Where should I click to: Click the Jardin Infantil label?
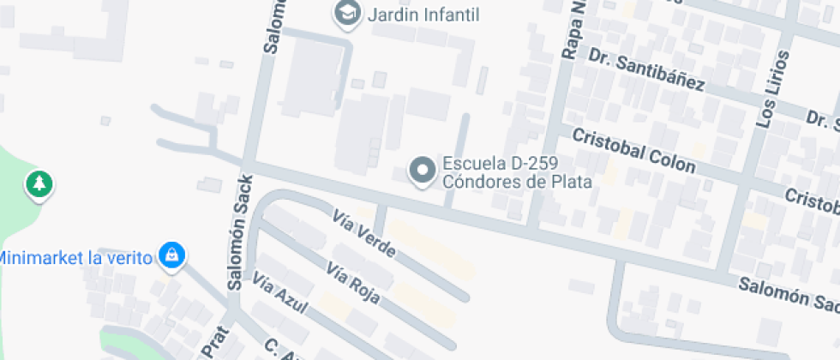click(x=423, y=14)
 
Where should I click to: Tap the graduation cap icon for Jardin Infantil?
click(x=346, y=13)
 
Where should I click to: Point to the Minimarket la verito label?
click(x=75, y=256)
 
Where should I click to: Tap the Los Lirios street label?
click(x=769, y=101)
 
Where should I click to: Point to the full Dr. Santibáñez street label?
click(x=646, y=69)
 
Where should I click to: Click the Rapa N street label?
click(x=572, y=31)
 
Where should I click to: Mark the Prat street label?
click(x=208, y=344)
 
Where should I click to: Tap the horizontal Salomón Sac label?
click(x=789, y=297)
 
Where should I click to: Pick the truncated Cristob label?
click(x=813, y=202)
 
